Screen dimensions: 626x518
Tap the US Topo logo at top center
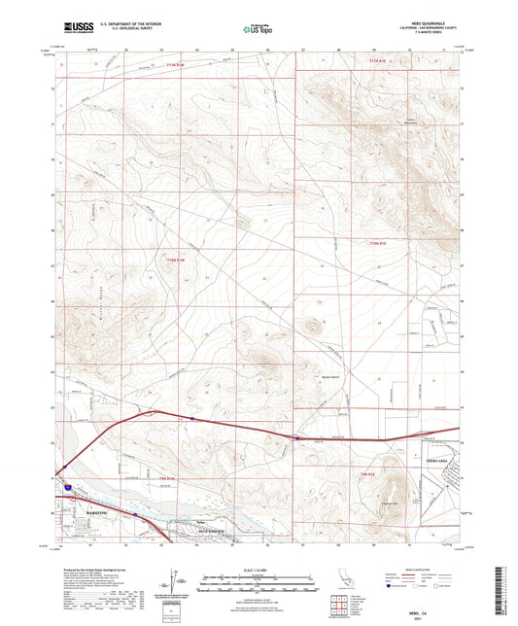point(251,30)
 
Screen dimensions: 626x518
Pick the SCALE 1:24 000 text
point(259,570)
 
